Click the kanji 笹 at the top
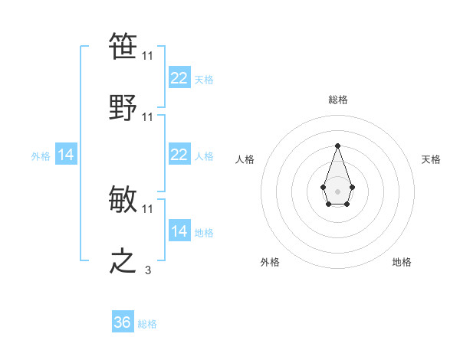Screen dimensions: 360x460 [x=123, y=47]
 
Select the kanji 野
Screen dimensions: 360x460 [x=123, y=108]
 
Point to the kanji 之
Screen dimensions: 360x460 [x=123, y=261]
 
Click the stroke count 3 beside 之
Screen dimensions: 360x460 [x=148, y=270]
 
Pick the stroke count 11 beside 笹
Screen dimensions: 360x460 [x=148, y=56]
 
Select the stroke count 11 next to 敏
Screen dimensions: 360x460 [x=148, y=208]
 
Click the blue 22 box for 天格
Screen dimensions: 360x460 [x=179, y=78]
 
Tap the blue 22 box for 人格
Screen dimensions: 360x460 [x=179, y=155]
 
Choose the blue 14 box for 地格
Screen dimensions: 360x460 [x=179, y=231]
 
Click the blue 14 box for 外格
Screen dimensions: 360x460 [x=66, y=155]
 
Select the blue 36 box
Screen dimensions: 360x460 [x=122, y=322]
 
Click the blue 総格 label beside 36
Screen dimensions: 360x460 [x=147, y=324]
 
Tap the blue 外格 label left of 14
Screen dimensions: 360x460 [x=41, y=156]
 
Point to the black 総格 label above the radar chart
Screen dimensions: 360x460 [x=337, y=100]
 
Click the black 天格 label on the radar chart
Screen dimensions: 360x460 [x=431, y=159]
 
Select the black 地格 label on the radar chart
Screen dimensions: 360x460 [x=402, y=262]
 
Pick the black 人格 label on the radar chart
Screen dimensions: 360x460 [x=245, y=159]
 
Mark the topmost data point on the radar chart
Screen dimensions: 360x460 [x=337, y=146]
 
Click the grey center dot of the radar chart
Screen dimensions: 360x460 [x=337, y=191]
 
